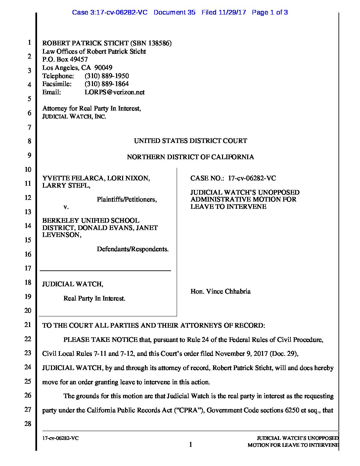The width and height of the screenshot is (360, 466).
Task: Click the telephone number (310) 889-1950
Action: tap(107, 76)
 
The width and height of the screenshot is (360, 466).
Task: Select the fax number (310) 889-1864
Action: tap(107, 84)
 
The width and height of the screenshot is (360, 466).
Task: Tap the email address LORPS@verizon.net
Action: tap(114, 92)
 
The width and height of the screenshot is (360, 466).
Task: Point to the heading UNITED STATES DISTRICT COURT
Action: tap(190, 141)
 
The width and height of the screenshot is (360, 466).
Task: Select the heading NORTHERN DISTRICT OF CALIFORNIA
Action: tap(190, 157)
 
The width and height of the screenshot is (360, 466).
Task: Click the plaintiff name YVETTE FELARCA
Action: tap(73, 178)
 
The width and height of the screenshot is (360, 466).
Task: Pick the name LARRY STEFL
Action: tap(66, 185)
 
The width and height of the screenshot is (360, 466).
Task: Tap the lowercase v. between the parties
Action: tap(66, 207)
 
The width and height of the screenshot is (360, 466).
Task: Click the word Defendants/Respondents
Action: tap(132, 249)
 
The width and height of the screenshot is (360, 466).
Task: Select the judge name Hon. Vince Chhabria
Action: tap(220, 291)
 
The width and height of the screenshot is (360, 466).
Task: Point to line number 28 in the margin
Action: tap(28, 424)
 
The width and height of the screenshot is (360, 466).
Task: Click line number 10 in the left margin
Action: tap(28, 169)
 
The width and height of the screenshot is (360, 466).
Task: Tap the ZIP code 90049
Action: tap(103, 68)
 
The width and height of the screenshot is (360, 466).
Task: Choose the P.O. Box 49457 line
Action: tap(65, 60)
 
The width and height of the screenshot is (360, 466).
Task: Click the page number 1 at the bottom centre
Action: tap(191, 444)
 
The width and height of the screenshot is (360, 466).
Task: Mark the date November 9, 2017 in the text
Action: tap(241, 353)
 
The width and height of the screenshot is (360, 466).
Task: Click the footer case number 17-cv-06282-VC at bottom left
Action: tap(60, 438)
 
